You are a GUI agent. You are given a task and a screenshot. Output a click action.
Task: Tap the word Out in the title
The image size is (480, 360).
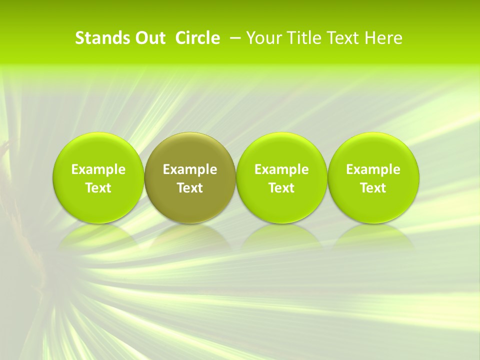tap(148, 38)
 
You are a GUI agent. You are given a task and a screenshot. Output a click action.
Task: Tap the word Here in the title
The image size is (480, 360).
tap(383, 38)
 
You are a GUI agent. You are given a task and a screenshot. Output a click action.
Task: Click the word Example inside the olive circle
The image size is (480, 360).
tap(190, 170)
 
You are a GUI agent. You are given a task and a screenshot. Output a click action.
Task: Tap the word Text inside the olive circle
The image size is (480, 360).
tap(190, 188)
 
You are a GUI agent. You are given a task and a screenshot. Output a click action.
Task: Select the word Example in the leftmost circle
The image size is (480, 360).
tap(98, 170)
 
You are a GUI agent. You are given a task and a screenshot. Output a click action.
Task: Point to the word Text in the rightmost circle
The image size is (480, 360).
tap(373, 188)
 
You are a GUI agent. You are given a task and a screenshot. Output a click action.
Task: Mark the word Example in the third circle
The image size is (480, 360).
tap(281, 170)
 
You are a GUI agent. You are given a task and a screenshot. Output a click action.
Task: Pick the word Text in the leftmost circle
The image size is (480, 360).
tap(98, 188)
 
